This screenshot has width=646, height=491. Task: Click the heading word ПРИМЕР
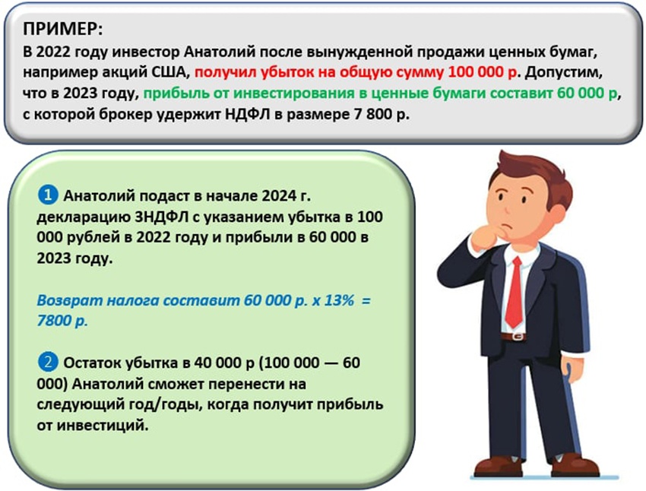pos(62,29)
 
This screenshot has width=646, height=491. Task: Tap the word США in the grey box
pos(171,72)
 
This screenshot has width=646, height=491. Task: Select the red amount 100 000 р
pos(483,72)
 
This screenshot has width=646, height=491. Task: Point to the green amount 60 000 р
pos(587,93)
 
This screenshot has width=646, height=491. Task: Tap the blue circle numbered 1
pos(47,195)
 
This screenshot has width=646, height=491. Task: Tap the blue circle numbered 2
pos(47,363)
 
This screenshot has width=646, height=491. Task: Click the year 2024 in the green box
pos(277,195)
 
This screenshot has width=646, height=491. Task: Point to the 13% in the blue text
pos(339,300)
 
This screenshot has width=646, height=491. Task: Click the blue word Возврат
pos(70,301)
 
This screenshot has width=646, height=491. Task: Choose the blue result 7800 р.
pos(62,321)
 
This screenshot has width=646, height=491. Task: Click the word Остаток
pos(92,363)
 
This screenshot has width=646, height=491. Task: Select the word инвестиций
pos(102,425)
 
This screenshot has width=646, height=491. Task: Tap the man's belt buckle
pos(517,337)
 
